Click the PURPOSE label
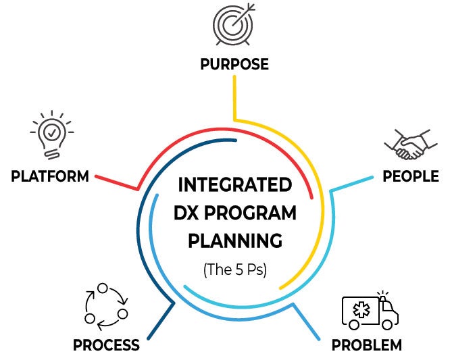click(234, 65)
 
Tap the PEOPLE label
click(411, 176)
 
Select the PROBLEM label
click(366, 345)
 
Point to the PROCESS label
click(106, 345)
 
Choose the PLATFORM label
click(50, 177)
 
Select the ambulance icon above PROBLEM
click(370, 311)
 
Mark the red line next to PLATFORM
click(115, 181)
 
